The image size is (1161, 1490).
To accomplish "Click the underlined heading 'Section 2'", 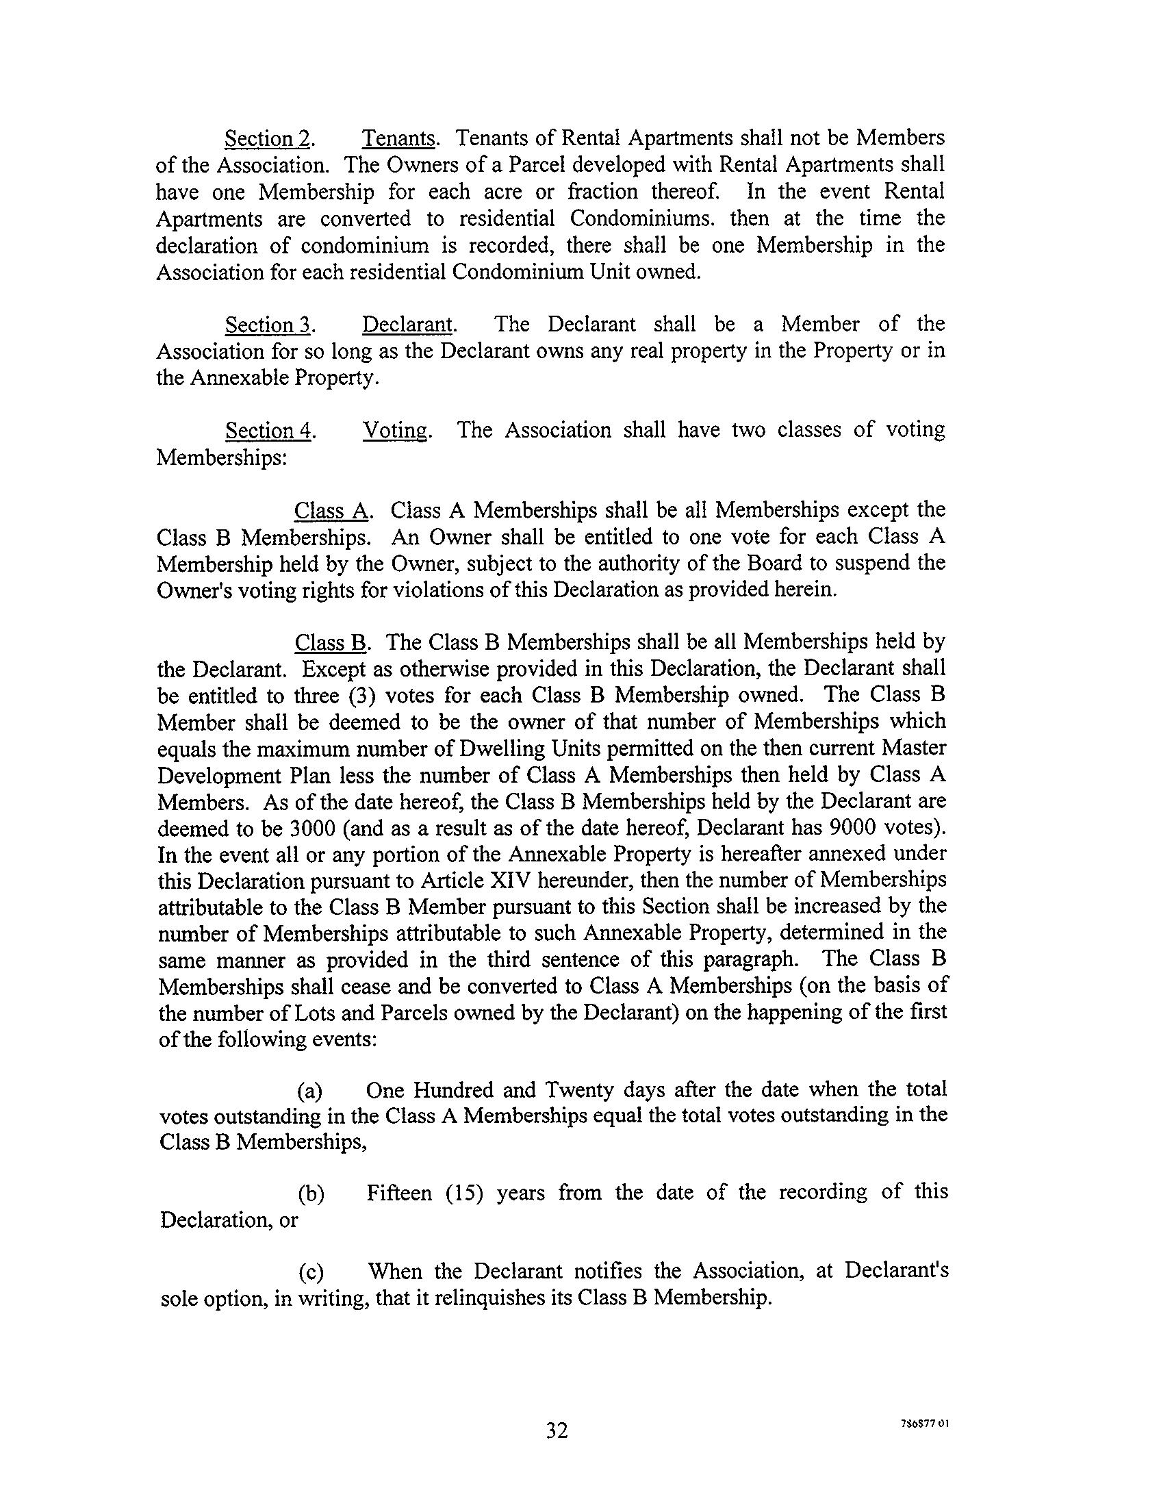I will (268, 139).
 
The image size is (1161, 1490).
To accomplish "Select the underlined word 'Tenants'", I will (399, 139).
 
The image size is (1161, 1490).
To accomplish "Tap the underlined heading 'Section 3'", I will (268, 325).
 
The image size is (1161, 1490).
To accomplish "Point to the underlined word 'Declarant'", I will (407, 325).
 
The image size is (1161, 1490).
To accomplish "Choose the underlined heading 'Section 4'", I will (269, 431).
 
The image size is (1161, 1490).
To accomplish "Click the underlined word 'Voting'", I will (396, 431).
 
